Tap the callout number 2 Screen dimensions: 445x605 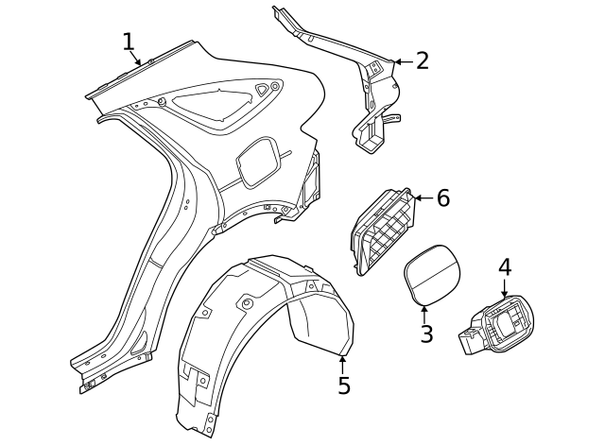click(x=422, y=61)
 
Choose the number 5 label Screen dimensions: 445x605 click(x=344, y=385)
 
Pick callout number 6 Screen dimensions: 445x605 click(x=442, y=198)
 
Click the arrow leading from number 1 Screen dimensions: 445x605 click(x=137, y=60)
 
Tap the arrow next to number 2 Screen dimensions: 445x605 click(x=401, y=61)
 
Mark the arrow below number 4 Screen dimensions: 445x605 click(x=504, y=289)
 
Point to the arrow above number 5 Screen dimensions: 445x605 click(x=343, y=361)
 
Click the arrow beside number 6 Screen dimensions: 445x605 click(x=422, y=198)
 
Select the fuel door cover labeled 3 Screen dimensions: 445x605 click(x=430, y=272)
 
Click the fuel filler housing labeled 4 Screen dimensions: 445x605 click(x=501, y=326)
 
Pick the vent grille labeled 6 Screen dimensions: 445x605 click(x=383, y=231)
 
